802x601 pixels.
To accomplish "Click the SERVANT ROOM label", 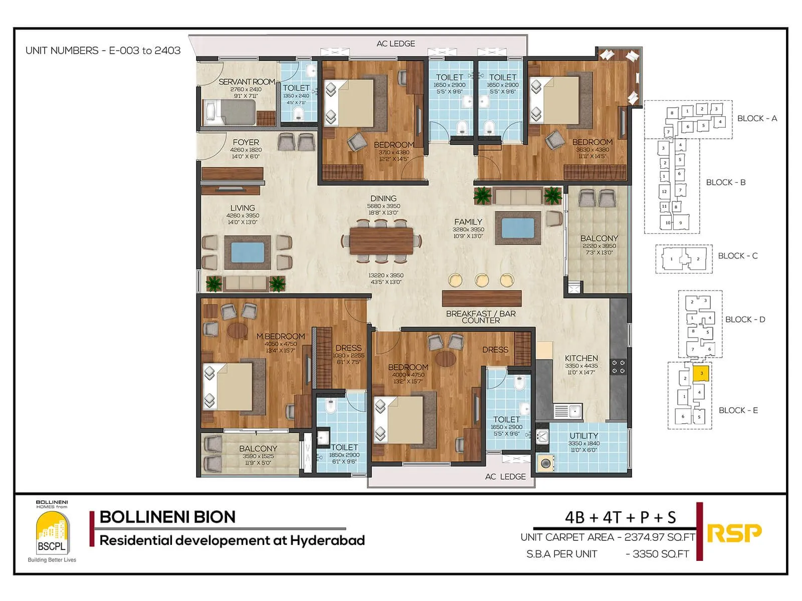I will coord(247,82).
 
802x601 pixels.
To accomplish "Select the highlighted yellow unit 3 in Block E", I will coord(701,373).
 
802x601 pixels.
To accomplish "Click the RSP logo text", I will coord(734,533).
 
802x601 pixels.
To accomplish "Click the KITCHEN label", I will coord(581,358).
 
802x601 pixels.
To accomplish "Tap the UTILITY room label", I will coord(583,436).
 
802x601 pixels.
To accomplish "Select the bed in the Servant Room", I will coord(229,112).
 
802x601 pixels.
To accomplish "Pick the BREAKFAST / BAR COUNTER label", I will coord(481,317).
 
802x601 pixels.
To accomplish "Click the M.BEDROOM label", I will coord(280,337).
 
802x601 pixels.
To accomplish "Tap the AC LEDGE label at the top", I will coord(395,44).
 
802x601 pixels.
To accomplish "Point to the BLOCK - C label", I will coord(737,256).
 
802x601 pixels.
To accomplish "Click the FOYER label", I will coord(246,142).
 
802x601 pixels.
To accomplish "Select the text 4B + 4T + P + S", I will coord(620,517).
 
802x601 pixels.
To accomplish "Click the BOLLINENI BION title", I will coord(167,517).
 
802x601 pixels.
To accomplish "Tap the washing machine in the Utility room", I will coord(544,463).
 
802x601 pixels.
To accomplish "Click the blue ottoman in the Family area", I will coord(518,227).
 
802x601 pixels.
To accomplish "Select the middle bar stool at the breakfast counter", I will coord(482,279).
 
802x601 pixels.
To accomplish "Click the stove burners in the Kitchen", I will coord(618,367).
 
